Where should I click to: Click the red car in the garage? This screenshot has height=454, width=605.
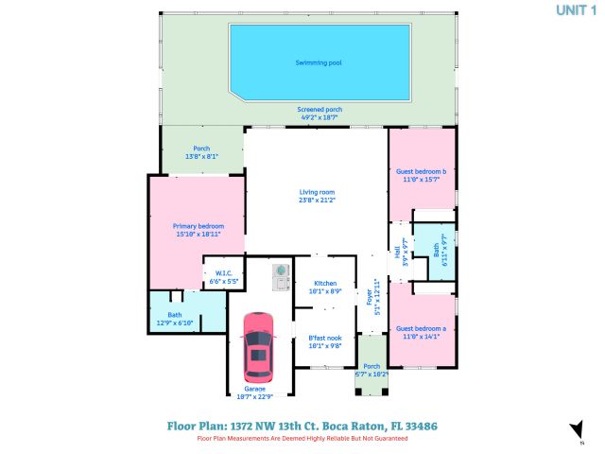pos(258,345)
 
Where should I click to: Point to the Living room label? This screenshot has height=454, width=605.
pos(317,192)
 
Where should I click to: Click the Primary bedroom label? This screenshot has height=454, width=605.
pos(198,226)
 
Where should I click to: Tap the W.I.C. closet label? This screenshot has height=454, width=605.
pos(223,273)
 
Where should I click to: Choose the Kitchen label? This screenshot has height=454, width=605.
pos(325,284)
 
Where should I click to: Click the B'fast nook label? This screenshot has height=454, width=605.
pos(325,338)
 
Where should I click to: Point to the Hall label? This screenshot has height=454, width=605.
pos(398,253)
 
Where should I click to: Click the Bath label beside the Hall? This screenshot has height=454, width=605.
pos(436,251)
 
